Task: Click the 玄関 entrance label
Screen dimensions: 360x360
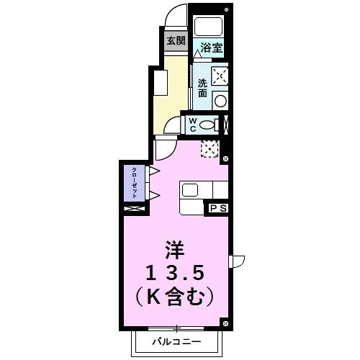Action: point(176,40)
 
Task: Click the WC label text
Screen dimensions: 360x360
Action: point(193,125)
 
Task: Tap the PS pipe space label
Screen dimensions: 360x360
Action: point(218,208)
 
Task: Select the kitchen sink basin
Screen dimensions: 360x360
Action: point(190,190)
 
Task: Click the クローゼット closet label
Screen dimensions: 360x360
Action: point(135,183)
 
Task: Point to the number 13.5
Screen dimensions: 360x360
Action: point(176,273)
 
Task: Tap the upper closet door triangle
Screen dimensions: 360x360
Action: point(153,171)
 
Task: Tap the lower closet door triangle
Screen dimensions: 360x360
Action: point(153,195)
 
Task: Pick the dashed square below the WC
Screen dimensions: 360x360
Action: point(210,148)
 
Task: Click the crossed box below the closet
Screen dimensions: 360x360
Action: point(133,210)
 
